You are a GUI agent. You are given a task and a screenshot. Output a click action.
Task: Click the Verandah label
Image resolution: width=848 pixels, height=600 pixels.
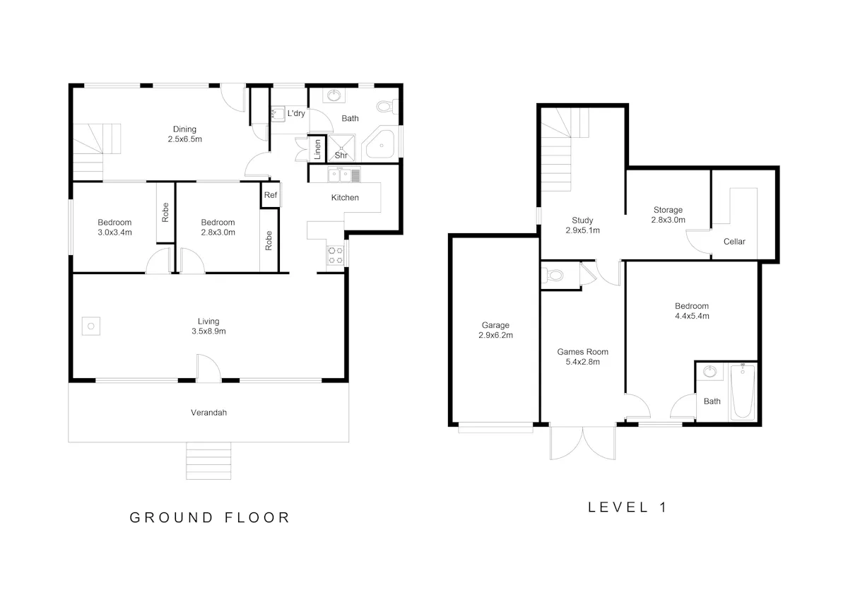tap(208, 413)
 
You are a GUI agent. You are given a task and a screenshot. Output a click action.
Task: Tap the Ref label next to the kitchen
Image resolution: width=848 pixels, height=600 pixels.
tap(271, 195)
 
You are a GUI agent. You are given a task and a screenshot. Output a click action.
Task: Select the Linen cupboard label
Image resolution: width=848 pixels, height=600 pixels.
tap(317, 149)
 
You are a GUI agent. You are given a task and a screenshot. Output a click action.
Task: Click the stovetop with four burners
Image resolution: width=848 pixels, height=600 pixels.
tap(335, 255)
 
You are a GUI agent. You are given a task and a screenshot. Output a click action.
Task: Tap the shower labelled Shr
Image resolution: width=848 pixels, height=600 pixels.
tap(341, 148)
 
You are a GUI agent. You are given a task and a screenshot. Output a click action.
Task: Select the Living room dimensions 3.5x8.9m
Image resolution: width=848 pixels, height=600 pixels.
tap(208, 331)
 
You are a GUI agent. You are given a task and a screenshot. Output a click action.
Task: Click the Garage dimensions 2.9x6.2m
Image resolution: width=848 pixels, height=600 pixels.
tap(495, 335)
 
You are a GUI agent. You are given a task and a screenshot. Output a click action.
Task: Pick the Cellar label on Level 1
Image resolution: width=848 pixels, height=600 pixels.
tap(734, 242)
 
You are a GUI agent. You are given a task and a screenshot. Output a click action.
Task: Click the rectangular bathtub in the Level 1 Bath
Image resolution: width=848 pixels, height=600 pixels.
tap(743, 392)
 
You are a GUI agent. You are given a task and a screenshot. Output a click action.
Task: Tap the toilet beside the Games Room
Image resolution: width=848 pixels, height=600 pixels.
tap(553, 275)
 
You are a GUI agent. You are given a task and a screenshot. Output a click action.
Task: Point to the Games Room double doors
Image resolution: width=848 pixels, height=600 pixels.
tap(582, 443)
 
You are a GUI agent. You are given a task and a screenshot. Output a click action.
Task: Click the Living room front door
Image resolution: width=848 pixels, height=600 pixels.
tap(208, 368)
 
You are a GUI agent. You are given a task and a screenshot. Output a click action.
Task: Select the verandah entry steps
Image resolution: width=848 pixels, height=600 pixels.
tap(208, 461)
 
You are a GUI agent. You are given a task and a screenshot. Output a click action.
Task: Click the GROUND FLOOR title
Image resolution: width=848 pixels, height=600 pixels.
tap(210, 517)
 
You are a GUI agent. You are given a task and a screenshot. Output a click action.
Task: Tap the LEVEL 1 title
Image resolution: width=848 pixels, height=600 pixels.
tap(627, 507)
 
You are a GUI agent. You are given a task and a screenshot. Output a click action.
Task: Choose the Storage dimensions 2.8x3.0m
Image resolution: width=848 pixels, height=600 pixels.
tap(669, 220)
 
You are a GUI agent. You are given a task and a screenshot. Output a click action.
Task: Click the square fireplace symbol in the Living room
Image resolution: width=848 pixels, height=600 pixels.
tap(91, 326)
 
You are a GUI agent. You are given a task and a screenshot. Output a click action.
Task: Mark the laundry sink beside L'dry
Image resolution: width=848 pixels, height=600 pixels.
tap(278, 114)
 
